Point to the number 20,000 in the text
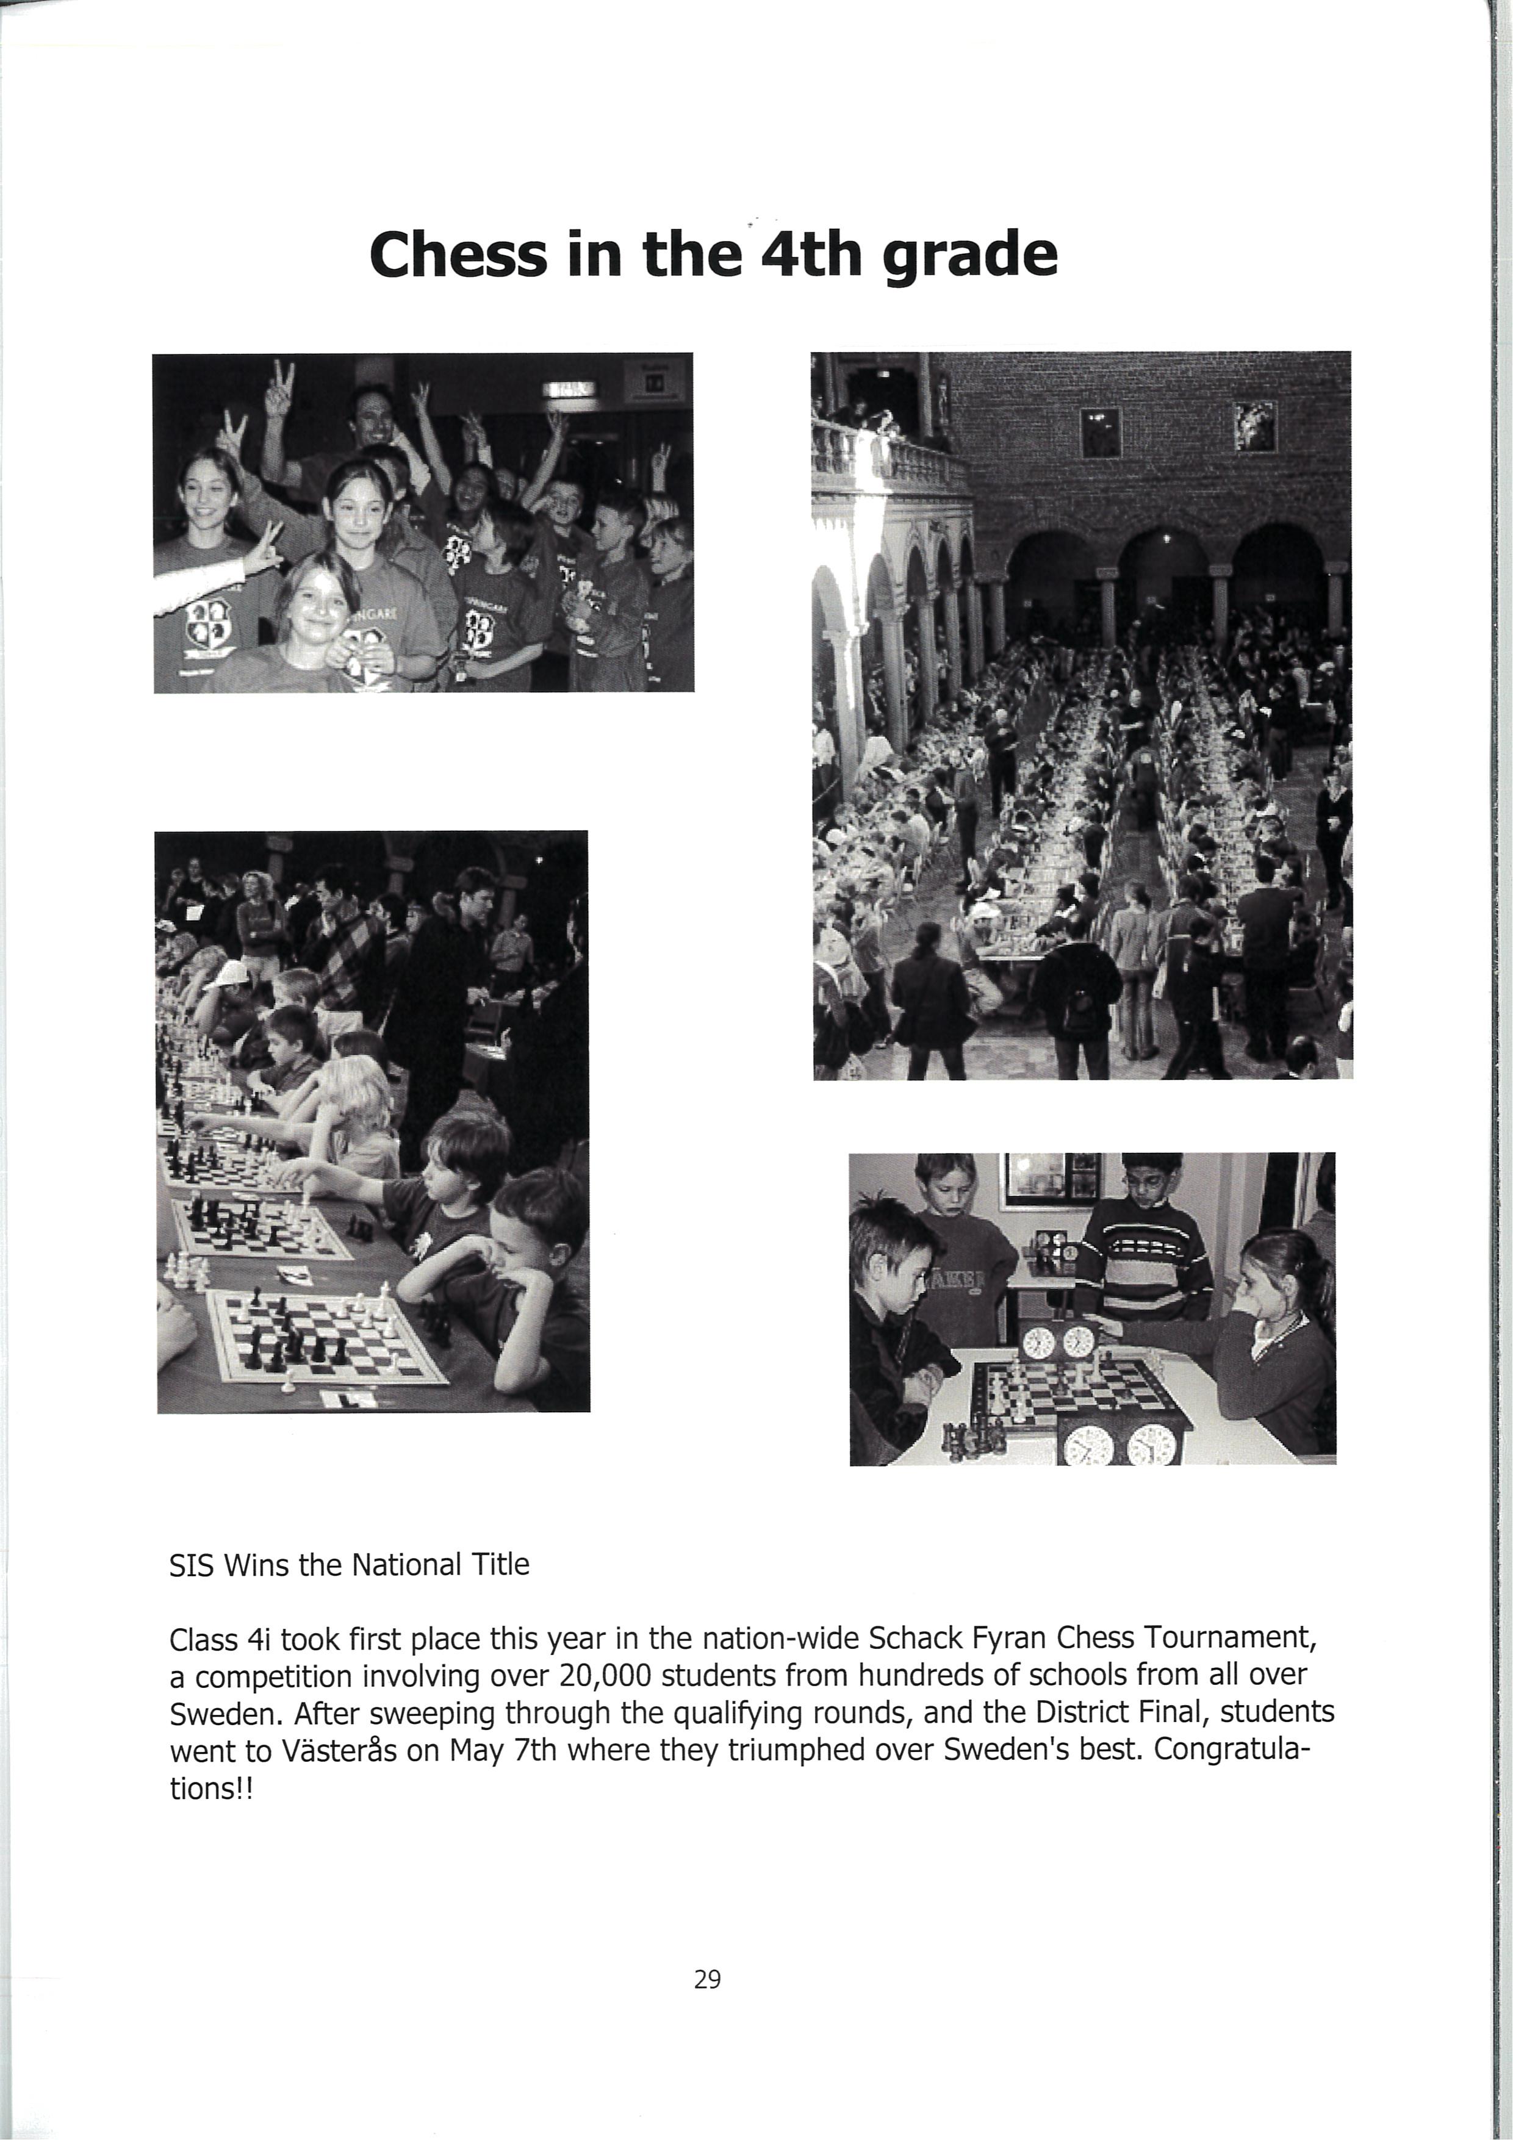point(605,1676)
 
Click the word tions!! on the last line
point(210,1790)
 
